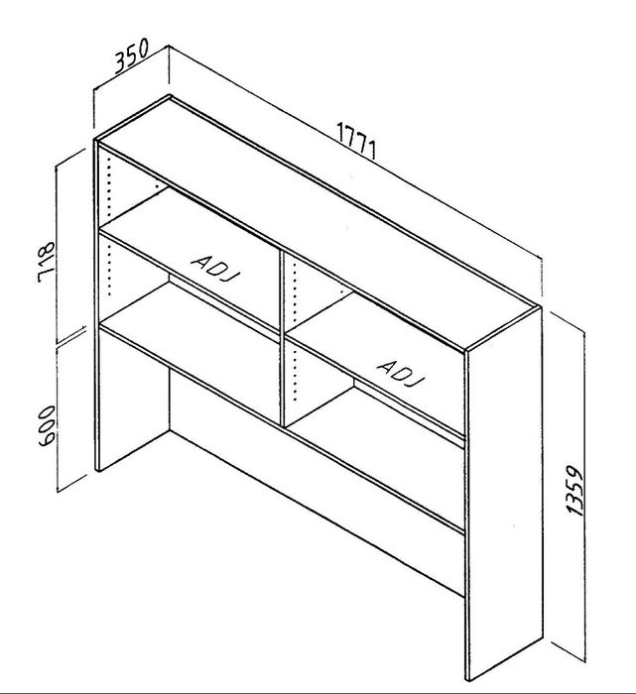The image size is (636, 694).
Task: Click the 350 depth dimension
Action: pyautogui.click(x=132, y=56)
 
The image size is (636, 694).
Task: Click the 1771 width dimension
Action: pyautogui.click(x=357, y=141)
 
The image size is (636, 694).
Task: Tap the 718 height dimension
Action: pyautogui.click(x=46, y=262)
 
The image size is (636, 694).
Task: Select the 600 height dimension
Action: pyautogui.click(x=47, y=425)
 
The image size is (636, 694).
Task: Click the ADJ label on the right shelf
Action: pyautogui.click(x=401, y=373)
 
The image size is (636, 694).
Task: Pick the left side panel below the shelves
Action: pyautogui.click(x=132, y=400)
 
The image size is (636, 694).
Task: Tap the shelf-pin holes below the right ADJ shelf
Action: pyautogui.click(x=295, y=373)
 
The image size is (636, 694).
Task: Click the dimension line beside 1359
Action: pyautogui.click(x=584, y=497)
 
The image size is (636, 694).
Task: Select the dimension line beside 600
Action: pyautogui.click(x=58, y=417)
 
